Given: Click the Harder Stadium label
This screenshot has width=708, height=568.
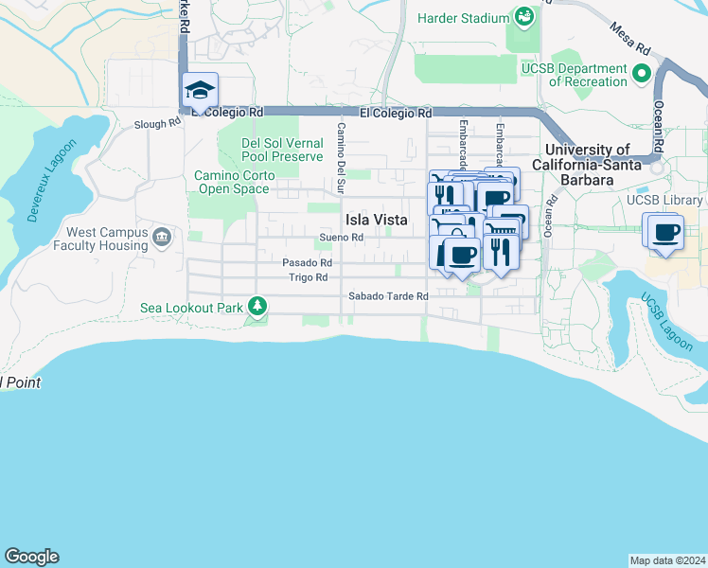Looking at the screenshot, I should click(x=463, y=17).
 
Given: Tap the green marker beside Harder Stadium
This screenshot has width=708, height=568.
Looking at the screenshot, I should click(x=522, y=17).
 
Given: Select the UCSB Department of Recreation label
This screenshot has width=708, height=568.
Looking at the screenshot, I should click(x=574, y=75).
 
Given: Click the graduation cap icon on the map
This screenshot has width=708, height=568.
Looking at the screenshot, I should click(x=201, y=90).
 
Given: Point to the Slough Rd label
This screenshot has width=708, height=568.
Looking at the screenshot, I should click(x=157, y=123).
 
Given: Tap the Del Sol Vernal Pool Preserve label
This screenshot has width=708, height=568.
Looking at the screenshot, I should click(x=282, y=150).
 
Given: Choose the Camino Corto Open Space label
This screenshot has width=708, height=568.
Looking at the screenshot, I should click(x=235, y=182).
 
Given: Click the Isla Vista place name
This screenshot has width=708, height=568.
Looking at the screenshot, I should click(x=376, y=220).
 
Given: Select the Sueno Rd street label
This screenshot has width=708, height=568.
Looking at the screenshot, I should click(x=342, y=237).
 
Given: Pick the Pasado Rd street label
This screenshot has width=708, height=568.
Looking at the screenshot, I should click(x=308, y=262).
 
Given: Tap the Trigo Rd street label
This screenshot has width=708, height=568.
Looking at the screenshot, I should click(x=308, y=277).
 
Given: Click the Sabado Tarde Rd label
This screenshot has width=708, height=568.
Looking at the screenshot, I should click(x=388, y=296).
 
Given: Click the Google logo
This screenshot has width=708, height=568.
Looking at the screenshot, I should click(x=31, y=557).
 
